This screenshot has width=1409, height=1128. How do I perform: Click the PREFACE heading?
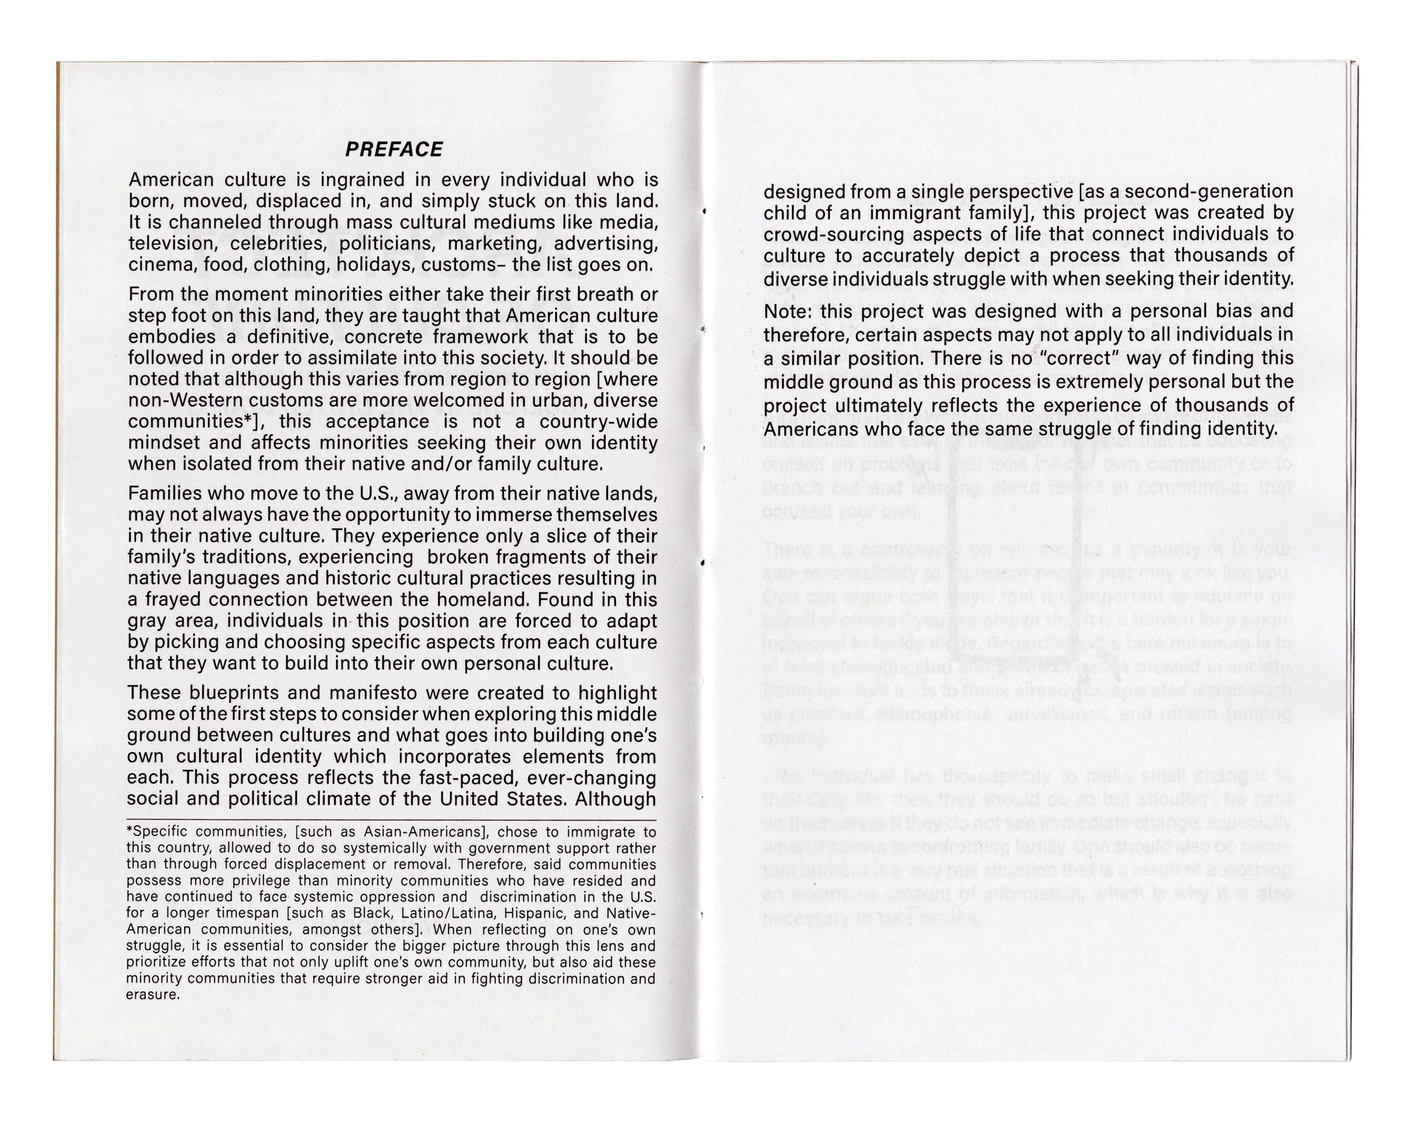393,150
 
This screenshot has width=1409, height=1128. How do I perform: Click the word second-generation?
1209,192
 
